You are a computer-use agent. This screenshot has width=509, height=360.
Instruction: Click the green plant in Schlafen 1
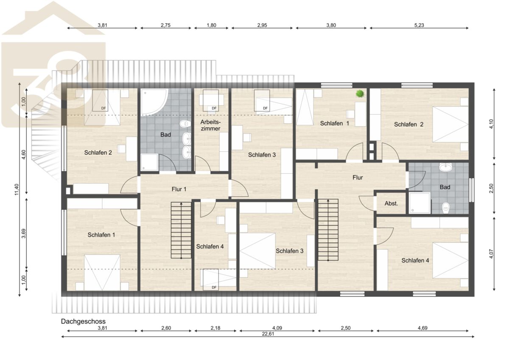pos(360,93)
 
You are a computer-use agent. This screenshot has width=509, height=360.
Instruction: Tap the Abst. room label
pos(391,204)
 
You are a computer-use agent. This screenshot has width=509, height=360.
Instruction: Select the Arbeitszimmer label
pos(210,126)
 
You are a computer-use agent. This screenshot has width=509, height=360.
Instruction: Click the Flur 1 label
pos(179,189)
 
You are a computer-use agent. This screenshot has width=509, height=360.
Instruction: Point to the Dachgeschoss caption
pos(83,321)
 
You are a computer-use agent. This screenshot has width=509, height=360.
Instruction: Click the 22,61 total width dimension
pos(268,334)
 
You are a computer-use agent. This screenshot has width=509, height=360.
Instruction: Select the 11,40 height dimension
pos(17,190)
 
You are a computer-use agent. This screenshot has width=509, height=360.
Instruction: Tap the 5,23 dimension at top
pos(419,25)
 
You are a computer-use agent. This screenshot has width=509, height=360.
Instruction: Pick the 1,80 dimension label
pos(211,25)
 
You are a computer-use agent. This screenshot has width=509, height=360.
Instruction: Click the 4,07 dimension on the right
pos(491,254)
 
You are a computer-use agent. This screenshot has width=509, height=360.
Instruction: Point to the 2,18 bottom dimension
pos(215,328)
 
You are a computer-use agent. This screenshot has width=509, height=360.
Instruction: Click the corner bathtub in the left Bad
pos(154,102)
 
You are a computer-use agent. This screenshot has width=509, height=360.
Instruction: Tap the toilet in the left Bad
pos(185,124)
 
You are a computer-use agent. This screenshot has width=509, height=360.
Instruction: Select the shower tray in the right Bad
pos(420,203)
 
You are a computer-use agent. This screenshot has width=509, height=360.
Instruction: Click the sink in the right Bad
pos(446,167)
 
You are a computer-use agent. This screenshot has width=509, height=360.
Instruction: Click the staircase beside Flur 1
pos(181,230)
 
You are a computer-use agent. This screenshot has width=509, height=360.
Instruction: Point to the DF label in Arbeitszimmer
pos(214,109)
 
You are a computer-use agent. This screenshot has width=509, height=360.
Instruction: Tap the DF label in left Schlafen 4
pos(214,287)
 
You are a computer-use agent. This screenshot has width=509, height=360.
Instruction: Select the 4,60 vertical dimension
pos(24,154)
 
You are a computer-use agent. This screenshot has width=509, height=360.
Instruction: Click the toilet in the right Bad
pos(446,208)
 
